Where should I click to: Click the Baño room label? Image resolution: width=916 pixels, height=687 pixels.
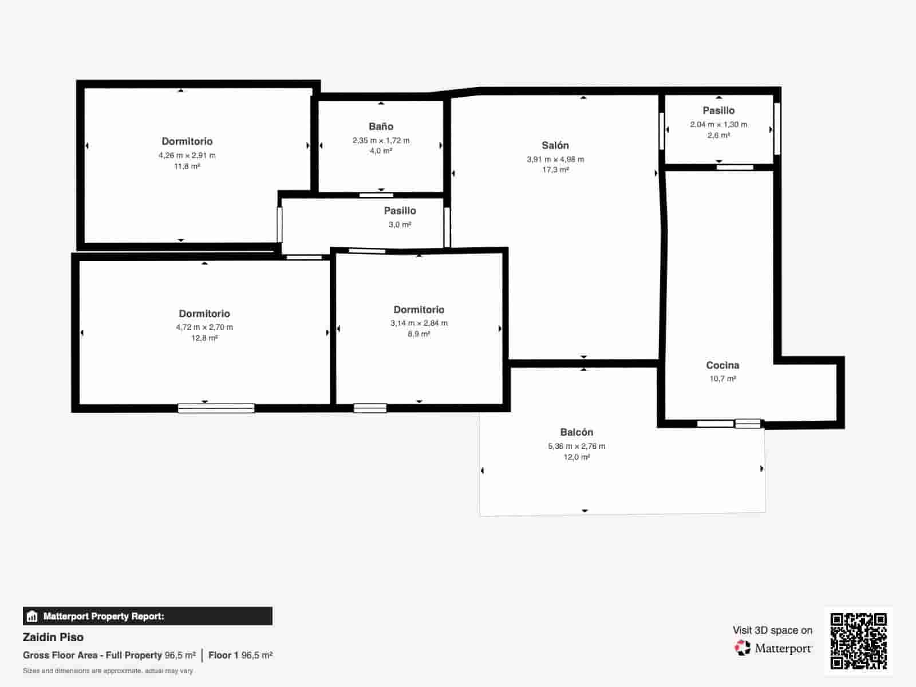[381, 127]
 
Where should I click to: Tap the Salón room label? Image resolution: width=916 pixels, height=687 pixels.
[555, 145]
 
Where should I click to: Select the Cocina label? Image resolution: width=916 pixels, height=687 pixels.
[722, 365]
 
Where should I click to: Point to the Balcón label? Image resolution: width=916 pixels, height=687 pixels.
[577, 432]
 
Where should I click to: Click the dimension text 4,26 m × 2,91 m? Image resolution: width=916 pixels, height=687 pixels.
[187, 155]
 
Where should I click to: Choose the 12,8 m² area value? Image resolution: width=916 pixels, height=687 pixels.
[204, 338]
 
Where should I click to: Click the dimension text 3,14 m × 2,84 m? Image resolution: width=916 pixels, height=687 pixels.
[419, 323]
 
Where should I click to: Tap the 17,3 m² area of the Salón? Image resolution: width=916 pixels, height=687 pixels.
[555, 170]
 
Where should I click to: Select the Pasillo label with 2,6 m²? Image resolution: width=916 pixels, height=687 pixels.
[718, 110]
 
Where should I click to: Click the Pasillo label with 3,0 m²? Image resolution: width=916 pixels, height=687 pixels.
[400, 211]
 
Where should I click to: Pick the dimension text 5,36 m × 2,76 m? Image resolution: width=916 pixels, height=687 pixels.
[577, 446]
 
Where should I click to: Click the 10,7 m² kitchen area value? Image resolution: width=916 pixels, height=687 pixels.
[722, 378]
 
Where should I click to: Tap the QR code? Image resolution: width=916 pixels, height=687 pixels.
[858, 641]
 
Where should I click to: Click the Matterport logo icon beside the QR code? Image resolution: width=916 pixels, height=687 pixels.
[743, 648]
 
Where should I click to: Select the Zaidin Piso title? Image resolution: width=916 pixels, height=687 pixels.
[53, 637]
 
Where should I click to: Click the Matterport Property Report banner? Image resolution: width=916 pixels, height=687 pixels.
[148, 616]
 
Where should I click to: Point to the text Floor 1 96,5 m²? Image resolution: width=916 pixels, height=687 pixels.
[240, 655]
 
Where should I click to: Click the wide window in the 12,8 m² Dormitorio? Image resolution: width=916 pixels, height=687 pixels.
[216, 408]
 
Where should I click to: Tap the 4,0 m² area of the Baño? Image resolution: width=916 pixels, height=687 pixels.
[381, 151]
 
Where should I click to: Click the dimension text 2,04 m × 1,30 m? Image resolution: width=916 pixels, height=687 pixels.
[718, 124]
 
